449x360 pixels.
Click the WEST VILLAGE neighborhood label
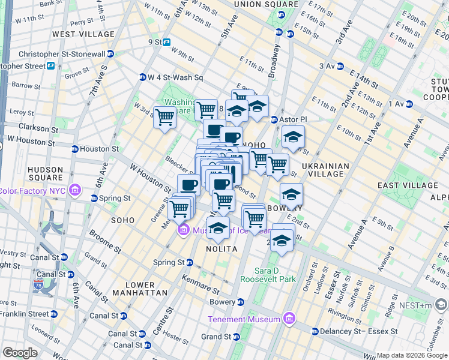tap(80, 34)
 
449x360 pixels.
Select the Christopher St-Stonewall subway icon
tap(111, 53)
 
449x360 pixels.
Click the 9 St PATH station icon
tap(167, 43)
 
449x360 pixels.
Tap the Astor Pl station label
tap(295, 120)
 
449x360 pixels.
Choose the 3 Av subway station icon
tap(340, 66)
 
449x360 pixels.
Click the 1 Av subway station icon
tap(409, 104)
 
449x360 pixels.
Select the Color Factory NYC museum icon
tap(75, 191)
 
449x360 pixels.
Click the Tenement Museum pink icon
tap(289, 318)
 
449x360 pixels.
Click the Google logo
tap(20, 352)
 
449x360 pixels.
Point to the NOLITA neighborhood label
tap(223, 248)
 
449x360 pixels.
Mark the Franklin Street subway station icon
tap(54, 314)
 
